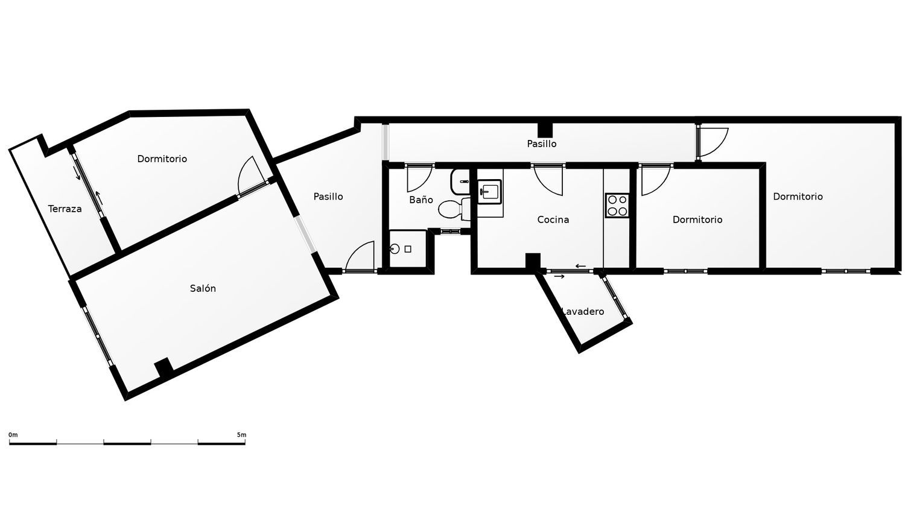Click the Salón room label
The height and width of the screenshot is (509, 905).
tap(203, 288)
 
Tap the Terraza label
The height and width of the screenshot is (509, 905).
tap(65, 209)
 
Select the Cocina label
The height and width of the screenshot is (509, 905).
tap(553, 220)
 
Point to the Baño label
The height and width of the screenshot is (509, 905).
tap(421, 200)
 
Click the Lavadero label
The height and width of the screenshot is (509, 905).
tap(583, 311)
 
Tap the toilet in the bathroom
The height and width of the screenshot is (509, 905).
tap(454, 209)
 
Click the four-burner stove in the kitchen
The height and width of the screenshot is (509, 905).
tap(617, 206)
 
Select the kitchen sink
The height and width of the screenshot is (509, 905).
tap(490, 192)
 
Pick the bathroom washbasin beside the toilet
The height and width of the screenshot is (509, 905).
tap(460, 182)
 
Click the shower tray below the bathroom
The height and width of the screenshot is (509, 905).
tap(408, 248)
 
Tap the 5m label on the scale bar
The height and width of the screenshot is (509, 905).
tap(241, 435)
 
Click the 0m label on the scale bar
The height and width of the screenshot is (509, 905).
tap(13, 435)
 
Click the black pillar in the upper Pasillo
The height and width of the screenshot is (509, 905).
tap(545, 129)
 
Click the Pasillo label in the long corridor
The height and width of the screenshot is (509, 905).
tap(542, 144)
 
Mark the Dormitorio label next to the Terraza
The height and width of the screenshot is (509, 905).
tap(162, 159)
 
